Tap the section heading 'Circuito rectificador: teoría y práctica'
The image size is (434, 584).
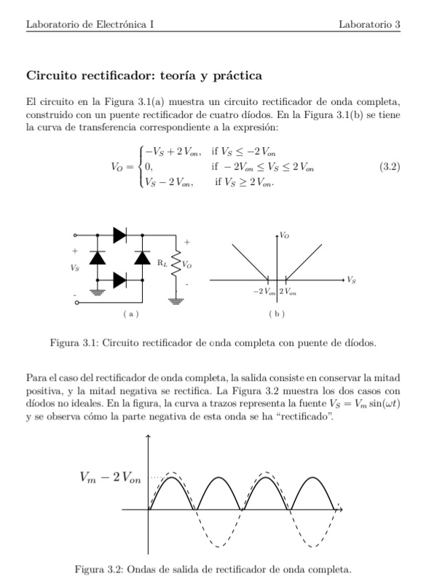pos(144,76)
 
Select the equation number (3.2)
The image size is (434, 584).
pos(391,167)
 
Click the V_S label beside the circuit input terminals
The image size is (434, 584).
pos(76,268)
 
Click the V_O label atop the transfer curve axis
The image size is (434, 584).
pos(285,236)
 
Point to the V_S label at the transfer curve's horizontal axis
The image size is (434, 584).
pos(352,280)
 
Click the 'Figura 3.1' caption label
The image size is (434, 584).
pos(71,342)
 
